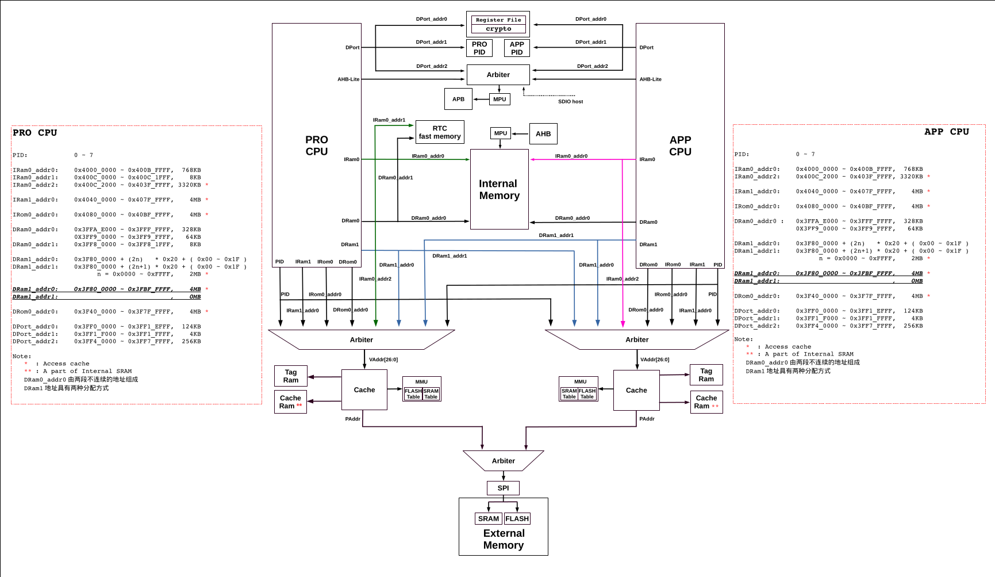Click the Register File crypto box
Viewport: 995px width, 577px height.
coord(498,24)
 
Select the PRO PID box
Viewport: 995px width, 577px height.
coord(479,48)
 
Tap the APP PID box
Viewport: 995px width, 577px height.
coord(517,48)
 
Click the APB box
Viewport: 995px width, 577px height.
coord(458,99)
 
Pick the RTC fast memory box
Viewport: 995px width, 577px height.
coord(440,132)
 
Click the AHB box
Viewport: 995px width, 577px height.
coord(543,133)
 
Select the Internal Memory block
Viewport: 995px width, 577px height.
coord(499,189)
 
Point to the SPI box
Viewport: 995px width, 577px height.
coord(503,488)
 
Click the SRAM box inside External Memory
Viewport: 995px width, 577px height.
coord(489,518)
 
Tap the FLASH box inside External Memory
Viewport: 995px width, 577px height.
coord(517,518)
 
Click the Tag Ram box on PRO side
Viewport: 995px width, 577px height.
coord(291,376)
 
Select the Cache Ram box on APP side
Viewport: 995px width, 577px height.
coord(706,402)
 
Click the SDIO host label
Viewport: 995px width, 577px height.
coord(570,102)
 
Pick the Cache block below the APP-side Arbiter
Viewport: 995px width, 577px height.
coord(636,390)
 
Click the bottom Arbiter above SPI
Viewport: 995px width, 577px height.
coord(503,461)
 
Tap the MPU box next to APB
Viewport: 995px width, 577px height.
coord(500,99)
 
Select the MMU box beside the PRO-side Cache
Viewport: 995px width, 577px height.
coord(421,389)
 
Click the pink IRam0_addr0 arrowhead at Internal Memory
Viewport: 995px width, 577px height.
coord(532,159)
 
